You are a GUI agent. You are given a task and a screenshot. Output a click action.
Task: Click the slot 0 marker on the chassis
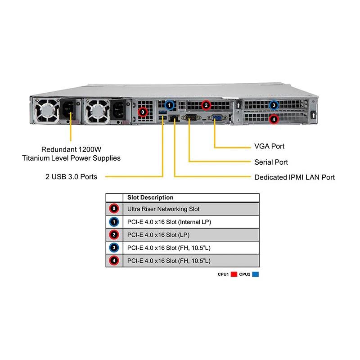click(x=143, y=112)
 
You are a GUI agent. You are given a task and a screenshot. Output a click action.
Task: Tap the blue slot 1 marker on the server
click(x=169, y=105)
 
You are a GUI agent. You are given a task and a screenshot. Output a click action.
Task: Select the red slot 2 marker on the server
click(x=206, y=105)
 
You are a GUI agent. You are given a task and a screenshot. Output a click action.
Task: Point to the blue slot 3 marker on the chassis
click(x=274, y=106)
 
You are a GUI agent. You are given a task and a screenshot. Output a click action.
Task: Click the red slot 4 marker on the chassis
click(x=274, y=119)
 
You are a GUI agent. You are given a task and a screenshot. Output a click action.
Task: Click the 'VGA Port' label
click(x=269, y=146)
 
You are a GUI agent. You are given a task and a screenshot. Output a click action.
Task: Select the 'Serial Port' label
click(x=271, y=162)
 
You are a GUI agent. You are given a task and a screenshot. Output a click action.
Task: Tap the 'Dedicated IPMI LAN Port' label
click(x=294, y=177)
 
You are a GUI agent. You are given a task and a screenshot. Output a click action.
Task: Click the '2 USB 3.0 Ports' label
click(x=71, y=177)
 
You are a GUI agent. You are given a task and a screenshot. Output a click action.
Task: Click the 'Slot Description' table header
click(x=150, y=198)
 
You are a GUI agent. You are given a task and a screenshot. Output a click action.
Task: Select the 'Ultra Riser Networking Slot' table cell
click(x=163, y=209)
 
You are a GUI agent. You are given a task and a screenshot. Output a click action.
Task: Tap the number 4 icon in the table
click(x=114, y=261)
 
